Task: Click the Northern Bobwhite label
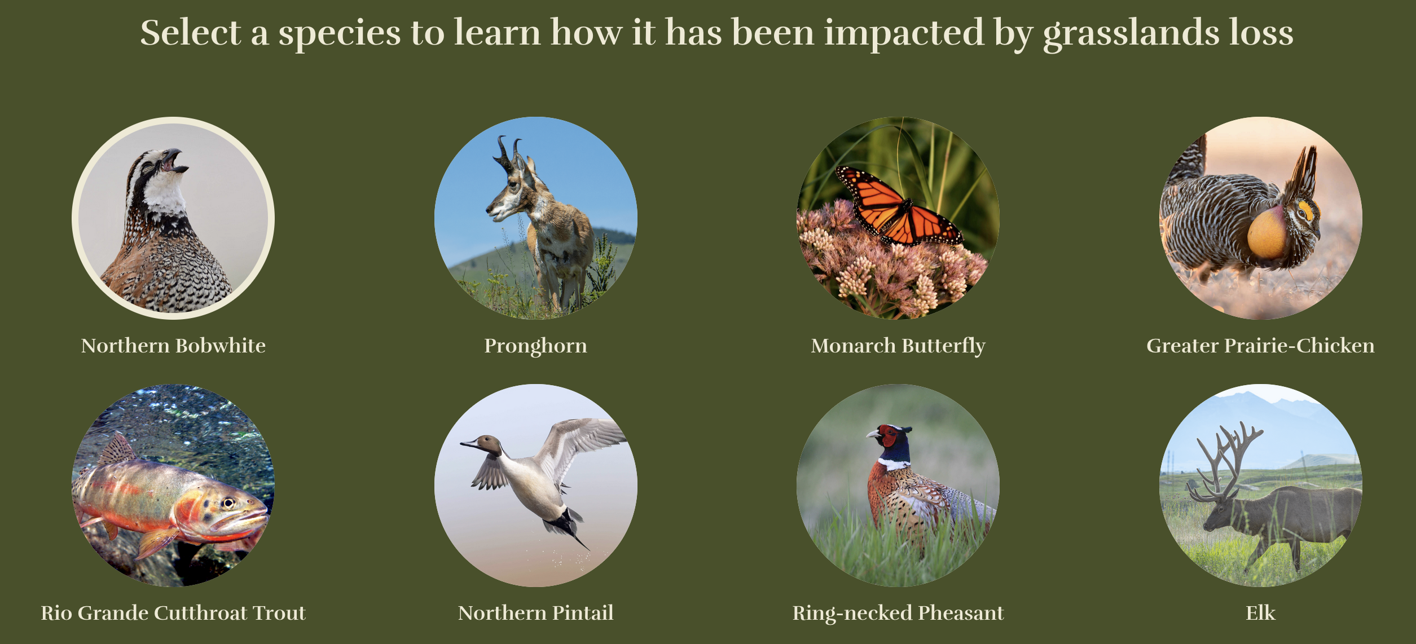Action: coord(173,346)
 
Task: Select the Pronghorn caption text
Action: coord(536,346)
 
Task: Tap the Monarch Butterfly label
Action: coord(898,346)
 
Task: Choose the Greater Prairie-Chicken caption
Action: coord(1260,346)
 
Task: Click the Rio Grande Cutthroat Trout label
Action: coord(173,613)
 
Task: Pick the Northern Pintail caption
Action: coord(536,613)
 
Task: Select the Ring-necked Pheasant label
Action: coord(898,614)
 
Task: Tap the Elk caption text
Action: coord(1260,613)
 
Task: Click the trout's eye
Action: coord(228,502)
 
